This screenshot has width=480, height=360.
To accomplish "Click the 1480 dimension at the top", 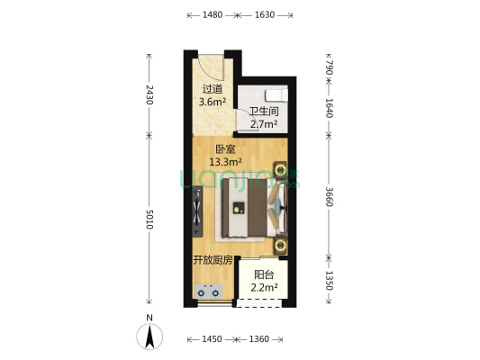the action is click(213, 14).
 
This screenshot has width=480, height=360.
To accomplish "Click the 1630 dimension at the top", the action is click(265, 14).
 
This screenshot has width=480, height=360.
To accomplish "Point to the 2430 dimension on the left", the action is click(149, 94).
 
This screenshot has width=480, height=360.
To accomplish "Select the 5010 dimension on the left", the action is click(149, 220).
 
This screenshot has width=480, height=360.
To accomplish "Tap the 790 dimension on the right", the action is click(329, 67).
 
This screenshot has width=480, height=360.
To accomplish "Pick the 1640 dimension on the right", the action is click(329, 108).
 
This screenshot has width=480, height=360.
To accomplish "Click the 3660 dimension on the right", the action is click(329, 197).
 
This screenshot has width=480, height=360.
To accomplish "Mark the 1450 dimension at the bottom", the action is click(212, 339).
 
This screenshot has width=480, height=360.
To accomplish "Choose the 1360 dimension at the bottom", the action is click(259, 339).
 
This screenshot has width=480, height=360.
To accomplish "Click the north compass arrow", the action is click(149, 337).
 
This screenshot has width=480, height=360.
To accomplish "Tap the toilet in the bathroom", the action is click(276, 95).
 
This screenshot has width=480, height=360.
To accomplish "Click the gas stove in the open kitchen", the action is click(208, 292).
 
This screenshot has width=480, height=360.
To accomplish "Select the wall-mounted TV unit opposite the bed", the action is click(197, 211).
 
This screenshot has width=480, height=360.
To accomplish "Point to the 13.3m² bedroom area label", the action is click(226, 161).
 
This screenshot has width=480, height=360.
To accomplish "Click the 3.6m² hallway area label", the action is click(213, 101).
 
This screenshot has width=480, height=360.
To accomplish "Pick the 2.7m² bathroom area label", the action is click(264, 124).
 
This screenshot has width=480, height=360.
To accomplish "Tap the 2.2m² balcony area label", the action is click(264, 287).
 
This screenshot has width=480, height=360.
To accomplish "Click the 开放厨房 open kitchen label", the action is click(213, 260).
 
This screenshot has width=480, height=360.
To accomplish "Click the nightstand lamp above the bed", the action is click(280, 169).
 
